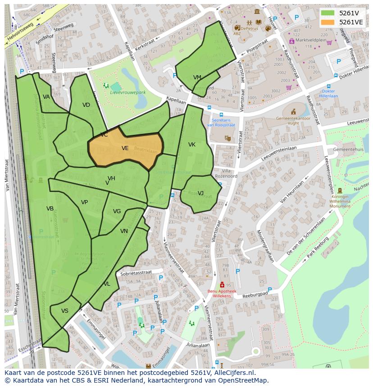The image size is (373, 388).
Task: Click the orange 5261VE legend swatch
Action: tap(328, 22)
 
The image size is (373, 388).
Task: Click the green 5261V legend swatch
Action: tap(328, 13)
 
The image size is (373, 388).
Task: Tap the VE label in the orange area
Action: tap(125, 148)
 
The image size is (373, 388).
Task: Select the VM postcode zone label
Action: tap(197, 78)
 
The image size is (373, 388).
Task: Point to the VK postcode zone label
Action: tap(192, 145)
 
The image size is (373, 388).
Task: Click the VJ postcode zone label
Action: tap(200, 193)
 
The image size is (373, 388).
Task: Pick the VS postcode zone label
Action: tap(65, 311)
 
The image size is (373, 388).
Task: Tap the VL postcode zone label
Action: tap(107, 284)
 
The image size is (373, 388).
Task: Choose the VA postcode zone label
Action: tap(46, 97)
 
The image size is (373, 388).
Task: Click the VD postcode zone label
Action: tap(86, 105)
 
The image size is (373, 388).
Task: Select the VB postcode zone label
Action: tap(50, 209)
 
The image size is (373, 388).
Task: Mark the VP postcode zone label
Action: tap(85, 202)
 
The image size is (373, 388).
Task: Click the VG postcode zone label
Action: tap(117, 211)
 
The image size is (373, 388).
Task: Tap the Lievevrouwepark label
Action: tap(128, 92)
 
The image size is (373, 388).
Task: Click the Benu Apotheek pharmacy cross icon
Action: tap(222, 285)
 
